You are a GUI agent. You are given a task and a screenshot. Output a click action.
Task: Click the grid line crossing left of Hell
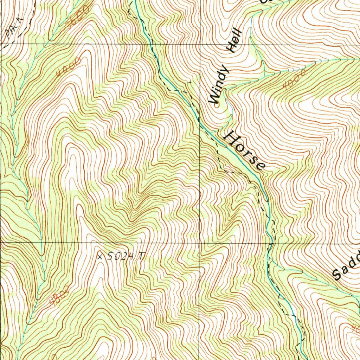(x=200, y=44)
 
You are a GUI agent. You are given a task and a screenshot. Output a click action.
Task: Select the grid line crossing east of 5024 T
(x=200, y=243)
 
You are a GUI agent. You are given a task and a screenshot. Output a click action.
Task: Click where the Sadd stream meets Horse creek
(x=278, y=269)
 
